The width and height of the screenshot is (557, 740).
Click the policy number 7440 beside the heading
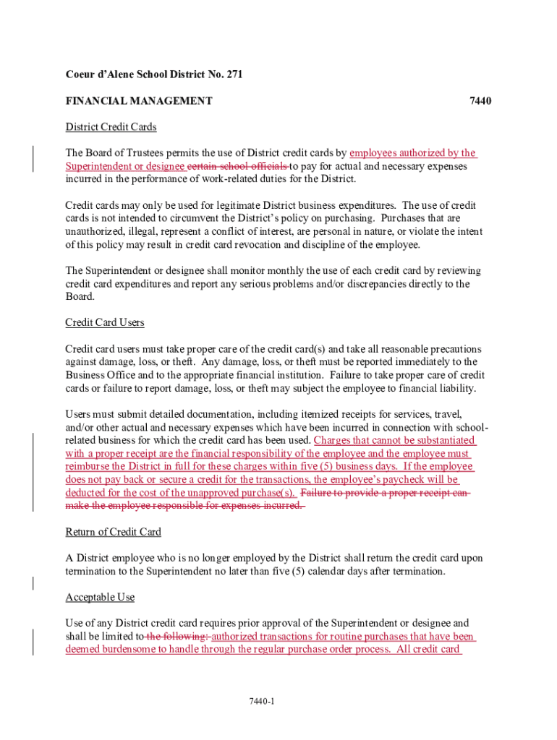pyautogui.click(x=480, y=101)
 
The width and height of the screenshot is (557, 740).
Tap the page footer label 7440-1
pyautogui.click(x=261, y=702)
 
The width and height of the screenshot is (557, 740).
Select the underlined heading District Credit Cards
pyautogui.click(x=111, y=127)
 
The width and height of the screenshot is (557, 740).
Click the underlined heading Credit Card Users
pyautogui.click(x=105, y=322)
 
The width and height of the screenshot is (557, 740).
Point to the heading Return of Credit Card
pyautogui.click(x=113, y=533)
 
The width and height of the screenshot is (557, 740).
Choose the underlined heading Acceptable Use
pyautogui.click(x=100, y=598)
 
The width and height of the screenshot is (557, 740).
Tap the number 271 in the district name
pyautogui.click(x=233, y=75)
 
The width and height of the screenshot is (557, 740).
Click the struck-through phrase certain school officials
pyautogui.click(x=238, y=166)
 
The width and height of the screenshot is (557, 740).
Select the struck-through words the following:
pyautogui.click(x=177, y=637)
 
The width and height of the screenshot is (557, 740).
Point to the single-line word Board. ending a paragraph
pyautogui.click(x=80, y=297)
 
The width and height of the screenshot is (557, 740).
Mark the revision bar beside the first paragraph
pyautogui.click(x=33, y=159)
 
